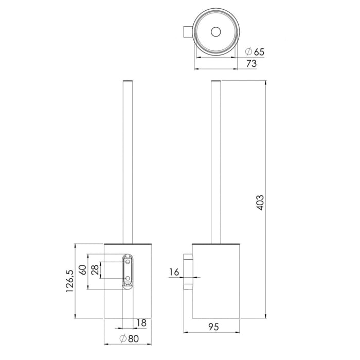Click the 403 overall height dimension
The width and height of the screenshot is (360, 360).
(260, 204)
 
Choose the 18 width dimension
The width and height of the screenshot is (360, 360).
(142, 323)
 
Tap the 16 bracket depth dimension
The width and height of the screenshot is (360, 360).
(175, 272)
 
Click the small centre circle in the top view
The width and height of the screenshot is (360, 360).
(214, 31)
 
